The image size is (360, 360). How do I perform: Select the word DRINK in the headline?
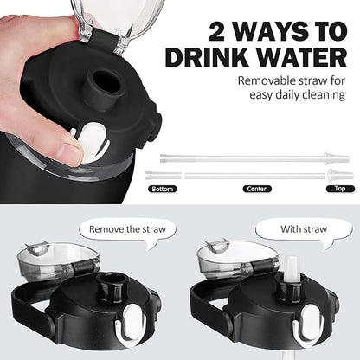pyautogui.click(x=207, y=57)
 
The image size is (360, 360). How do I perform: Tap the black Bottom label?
pyautogui.click(x=162, y=189)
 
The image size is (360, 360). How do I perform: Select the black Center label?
pyautogui.click(x=257, y=189)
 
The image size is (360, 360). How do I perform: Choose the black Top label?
pyautogui.click(x=340, y=189)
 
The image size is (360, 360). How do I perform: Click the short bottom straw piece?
pyautogui.click(x=164, y=175)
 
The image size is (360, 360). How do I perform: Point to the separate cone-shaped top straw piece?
pyautogui.click(x=340, y=175)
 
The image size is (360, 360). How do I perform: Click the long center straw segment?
pyautogui.click(x=255, y=176)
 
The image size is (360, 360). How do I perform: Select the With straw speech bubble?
pyautogui.click(x=304, y=232)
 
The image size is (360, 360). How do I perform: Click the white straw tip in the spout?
pyautogui.click(x=290, y=270)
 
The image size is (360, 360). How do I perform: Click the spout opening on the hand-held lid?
pyautogui.click(x=107, y=80)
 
